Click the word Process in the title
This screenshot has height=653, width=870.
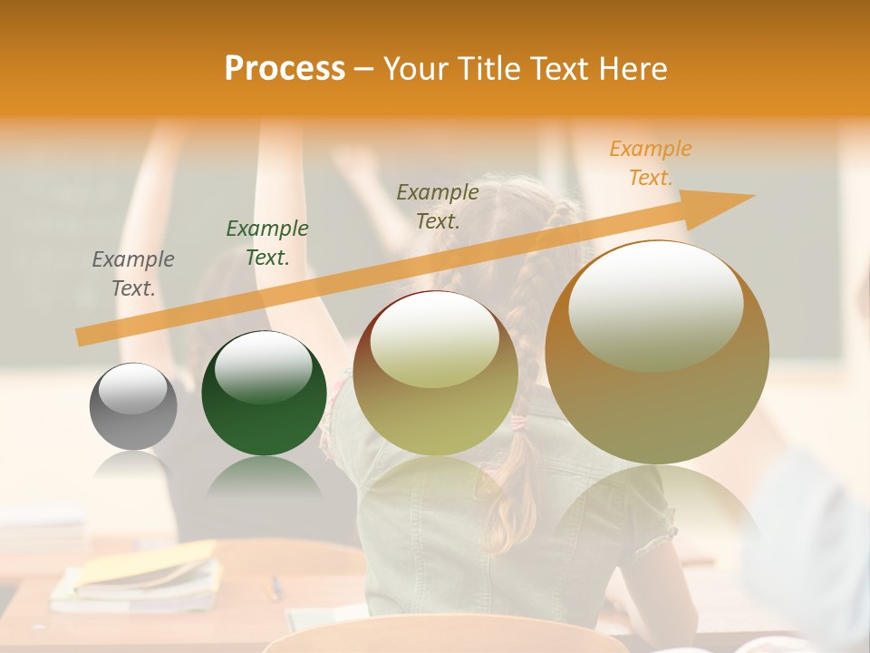tap(285, 69)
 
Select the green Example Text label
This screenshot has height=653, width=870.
tap(267, 243)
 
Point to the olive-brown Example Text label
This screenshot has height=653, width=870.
tap(438, 206)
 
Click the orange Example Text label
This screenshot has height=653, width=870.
tap(651, 163)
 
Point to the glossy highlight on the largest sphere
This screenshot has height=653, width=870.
tap(656, 304)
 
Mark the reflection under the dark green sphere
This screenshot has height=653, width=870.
tap(263, 476)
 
